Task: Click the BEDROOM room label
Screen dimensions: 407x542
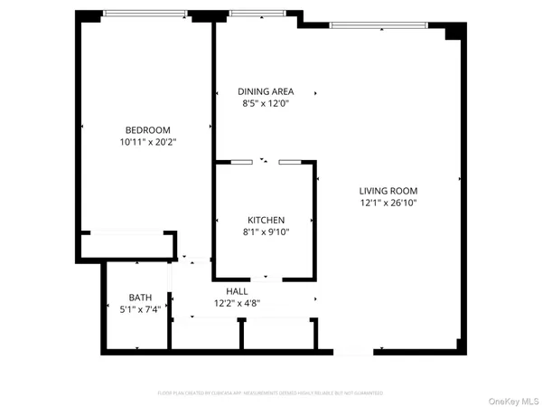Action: (x=147, y=129)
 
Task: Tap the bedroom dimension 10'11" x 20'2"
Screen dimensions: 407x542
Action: (x=147, y=142)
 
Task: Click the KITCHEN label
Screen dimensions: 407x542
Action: (x=266, y=220)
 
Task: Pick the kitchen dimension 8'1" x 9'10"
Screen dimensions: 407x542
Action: (x=266, y=232)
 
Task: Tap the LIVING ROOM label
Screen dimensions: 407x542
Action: (x=388, y=191)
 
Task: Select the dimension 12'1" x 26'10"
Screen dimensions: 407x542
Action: (x=388, y=203)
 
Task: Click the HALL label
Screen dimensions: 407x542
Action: (x=237, y=291)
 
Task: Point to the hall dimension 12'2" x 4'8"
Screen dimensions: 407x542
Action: (x=237, y=304)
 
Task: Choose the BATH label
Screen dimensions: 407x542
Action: (x=140, y=297)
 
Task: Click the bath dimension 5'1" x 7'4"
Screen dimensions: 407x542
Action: (x=140, y=309)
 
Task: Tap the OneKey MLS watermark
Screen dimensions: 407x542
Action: (x=512, y=401)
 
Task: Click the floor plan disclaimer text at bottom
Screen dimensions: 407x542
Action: (x=270, y=393)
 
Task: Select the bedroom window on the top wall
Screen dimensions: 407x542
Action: (x=145, y=14)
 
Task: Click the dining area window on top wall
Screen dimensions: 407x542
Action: (x=256, y=14)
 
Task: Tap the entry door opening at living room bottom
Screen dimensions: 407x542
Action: (x=352, y=351)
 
